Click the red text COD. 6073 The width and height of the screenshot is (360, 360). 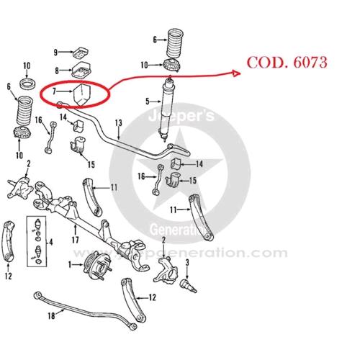[x=287, y=63]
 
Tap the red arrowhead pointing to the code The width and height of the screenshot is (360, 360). [x=236, y=73]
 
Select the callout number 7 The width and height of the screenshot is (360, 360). [x=54, y=91]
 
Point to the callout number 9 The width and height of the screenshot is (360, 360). [x=55, y=53]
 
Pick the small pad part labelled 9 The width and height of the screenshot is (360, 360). [x=81, y=53]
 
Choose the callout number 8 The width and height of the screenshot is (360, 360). [x=57, y=71]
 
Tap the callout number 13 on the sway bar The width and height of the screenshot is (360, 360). [x=119, y=123]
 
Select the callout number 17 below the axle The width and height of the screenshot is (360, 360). [x=76, y=240]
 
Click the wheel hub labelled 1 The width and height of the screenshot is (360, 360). [x=97, y=265]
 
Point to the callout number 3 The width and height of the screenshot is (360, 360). [x=187, y=263]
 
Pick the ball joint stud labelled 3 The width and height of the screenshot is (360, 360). [x=188, y=286]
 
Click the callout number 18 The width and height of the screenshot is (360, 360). [x=51, y=315]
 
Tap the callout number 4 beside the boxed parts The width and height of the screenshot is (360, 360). [x=51, y=242]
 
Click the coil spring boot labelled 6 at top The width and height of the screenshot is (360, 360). [x=175, y=43]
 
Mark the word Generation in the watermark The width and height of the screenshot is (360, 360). [x=178, y=230]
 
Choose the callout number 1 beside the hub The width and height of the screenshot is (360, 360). [x=70, y=265]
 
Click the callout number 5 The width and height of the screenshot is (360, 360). [x=148, y=102]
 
